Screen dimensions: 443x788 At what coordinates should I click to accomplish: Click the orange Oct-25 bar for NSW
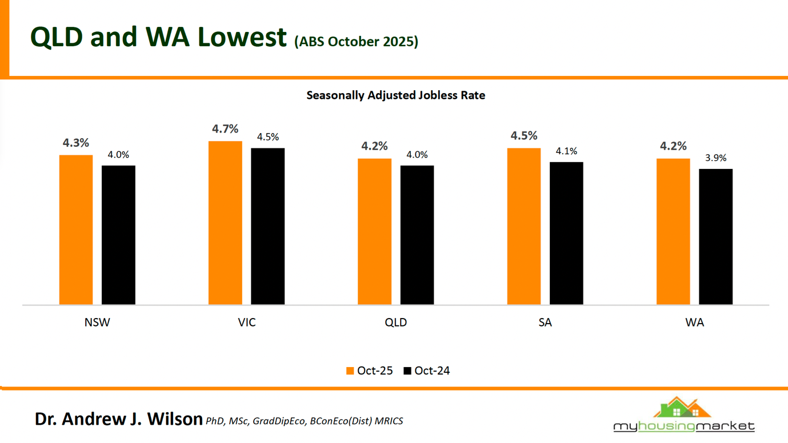click(76, 229)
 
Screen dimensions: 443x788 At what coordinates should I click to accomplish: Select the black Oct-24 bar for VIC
click(267, 226)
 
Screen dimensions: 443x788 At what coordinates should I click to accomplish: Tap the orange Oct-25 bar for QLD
click(374, 231)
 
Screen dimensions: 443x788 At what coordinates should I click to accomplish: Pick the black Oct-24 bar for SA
click(566, 233)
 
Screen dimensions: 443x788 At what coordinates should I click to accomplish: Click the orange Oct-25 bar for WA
click(673, 231)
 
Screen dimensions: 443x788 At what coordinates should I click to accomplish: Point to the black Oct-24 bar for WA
click(715, 236)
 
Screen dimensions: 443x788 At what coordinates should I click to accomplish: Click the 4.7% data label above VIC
click(225, 129)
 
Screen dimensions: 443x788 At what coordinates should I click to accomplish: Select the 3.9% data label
click(715, 158)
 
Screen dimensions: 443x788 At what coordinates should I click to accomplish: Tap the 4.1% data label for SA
click(566, 151)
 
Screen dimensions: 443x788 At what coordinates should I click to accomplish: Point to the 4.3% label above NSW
click(76, 143)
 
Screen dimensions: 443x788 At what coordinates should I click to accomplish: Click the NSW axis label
click(97, 323)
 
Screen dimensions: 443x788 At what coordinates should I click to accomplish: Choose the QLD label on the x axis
click(395, 323)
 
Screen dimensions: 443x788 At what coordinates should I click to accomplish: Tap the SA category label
click(545, 323)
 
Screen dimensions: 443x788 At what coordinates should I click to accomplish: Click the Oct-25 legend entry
click(369, 370)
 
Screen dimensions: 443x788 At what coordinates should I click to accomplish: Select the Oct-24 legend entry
click(426, 370)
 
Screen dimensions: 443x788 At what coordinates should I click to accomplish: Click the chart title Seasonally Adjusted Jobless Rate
click(395, 95)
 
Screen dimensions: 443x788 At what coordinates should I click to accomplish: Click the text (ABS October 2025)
click(356, 42)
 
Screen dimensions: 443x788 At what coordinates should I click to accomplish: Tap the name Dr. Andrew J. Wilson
click(118, 419)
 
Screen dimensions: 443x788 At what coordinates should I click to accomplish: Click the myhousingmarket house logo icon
click(683, 408)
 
